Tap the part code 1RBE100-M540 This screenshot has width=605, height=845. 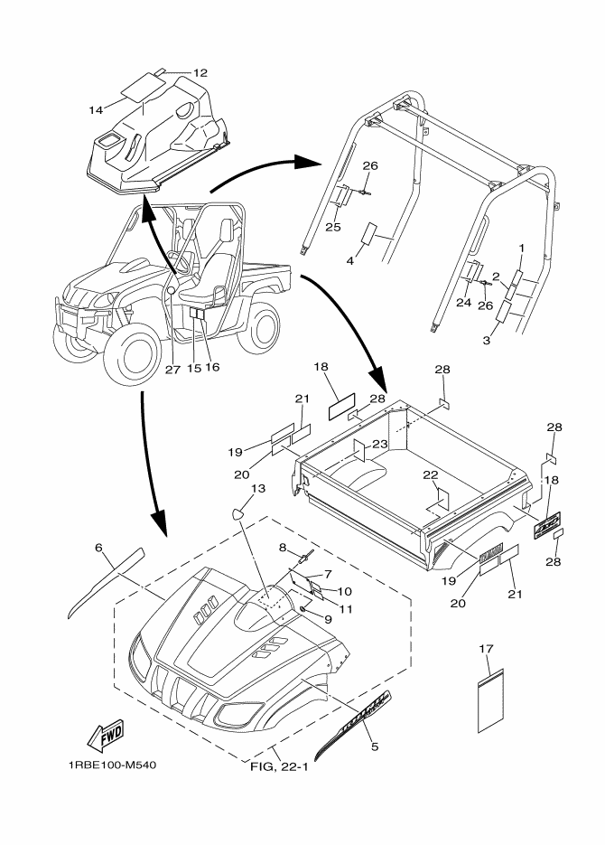pyautogui.click(x=112, y=766)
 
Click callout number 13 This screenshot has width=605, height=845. pyautogui.click(x=258, y=489)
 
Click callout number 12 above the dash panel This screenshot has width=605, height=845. pyautogui.click(x=200, y=71)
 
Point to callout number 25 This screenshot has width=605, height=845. pyautogui.click(x=333, y=227)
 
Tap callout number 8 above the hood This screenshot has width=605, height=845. pyautogui.click(x=282, y=548)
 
